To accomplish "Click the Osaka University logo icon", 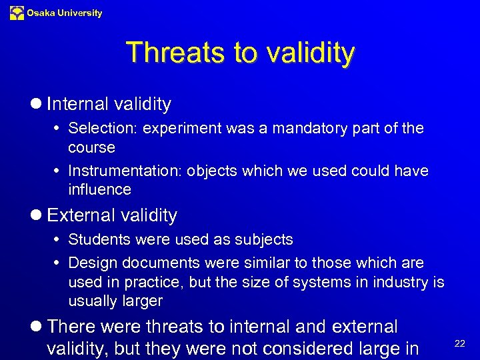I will pos(17,13).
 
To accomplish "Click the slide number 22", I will pos(459,342).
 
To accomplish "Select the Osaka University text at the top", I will pos(65,13).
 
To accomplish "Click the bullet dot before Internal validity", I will pos(37,104).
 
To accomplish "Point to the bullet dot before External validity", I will pos(37,215).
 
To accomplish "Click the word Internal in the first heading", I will pos(78,104).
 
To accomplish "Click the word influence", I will pos(99,189).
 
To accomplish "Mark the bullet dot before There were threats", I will pos(37,327).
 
